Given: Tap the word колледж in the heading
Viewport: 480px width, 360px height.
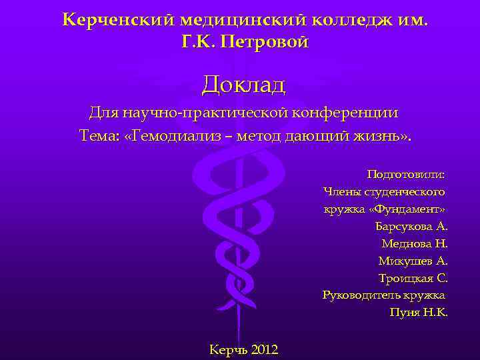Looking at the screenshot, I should (x=341, y=19).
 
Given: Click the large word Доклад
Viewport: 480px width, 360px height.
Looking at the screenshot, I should (x=243, y=85).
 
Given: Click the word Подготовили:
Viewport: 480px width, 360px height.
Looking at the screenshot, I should (x=406, y=175).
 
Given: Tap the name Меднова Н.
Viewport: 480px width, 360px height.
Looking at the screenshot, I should (x=414, y=244).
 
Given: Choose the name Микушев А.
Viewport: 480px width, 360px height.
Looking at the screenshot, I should (x=413, y=261).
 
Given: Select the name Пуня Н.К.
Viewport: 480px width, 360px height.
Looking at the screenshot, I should (x=419, y=312).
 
